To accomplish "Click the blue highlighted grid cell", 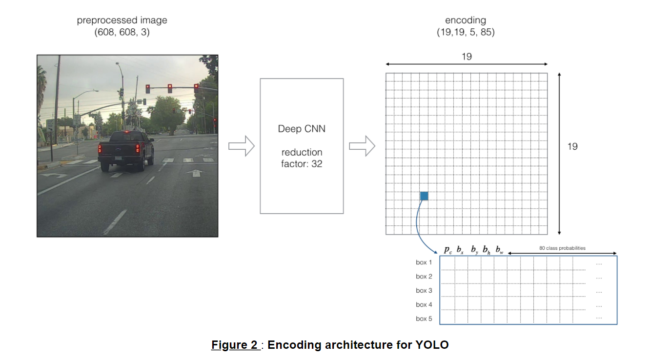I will [424, 196].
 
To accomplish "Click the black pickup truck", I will [126, 150].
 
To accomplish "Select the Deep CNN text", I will [302, 129].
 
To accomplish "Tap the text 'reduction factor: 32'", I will [302, 158].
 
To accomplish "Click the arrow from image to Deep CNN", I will [242, 146].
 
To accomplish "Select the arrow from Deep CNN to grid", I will [362, 146].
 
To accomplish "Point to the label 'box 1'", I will [424, 262].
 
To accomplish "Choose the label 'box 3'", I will [424, 290].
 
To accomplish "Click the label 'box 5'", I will [424, 319].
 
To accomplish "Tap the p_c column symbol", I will [448, 250].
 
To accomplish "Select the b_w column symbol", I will [499, 250].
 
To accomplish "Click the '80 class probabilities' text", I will [562, 248].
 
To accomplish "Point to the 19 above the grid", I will [466, 57].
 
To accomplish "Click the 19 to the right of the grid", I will [572, 146].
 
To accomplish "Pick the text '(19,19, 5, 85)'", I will [466, 32].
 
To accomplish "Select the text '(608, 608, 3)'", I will [122, 32].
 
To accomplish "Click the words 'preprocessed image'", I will [122, 20].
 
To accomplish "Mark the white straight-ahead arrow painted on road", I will [196, 173].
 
